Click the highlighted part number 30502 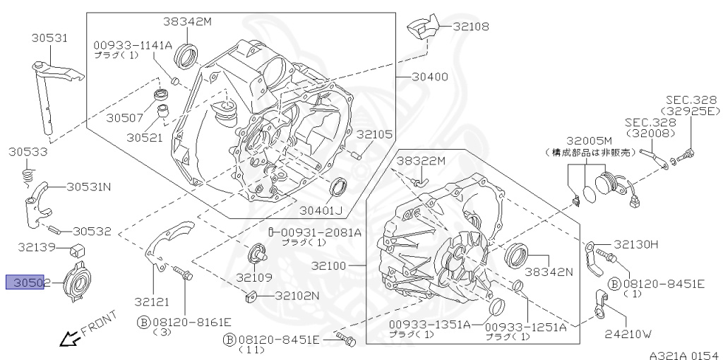tap(25, 283)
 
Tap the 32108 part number tap(471, 26)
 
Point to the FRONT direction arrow tap(69, 340)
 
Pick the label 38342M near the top tap(189, 21)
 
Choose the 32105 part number tap(374, 134)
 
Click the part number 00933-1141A tap(133, 44)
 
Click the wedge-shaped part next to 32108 tap(421, 28)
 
